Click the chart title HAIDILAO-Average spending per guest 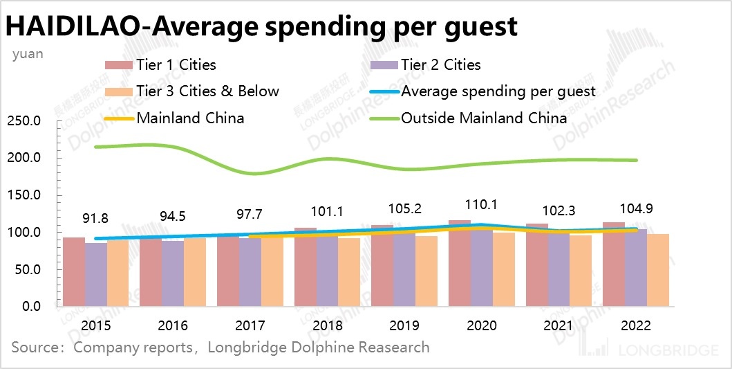click(x=262, y=26)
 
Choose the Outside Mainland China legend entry click(x=484, y=118)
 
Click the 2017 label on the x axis click(x=250, y=325)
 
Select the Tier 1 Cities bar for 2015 click(x=74, y=271)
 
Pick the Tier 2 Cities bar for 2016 click(x=173, y=273)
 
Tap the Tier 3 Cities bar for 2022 click(x=658, y=270)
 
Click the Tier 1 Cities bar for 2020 click(x=459, y=263)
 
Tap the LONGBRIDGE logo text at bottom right click(x=673, y=350)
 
